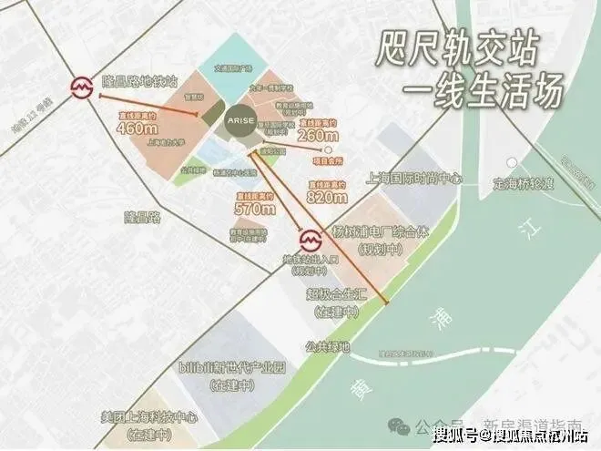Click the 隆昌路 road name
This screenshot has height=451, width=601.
(x=142, y=217)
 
